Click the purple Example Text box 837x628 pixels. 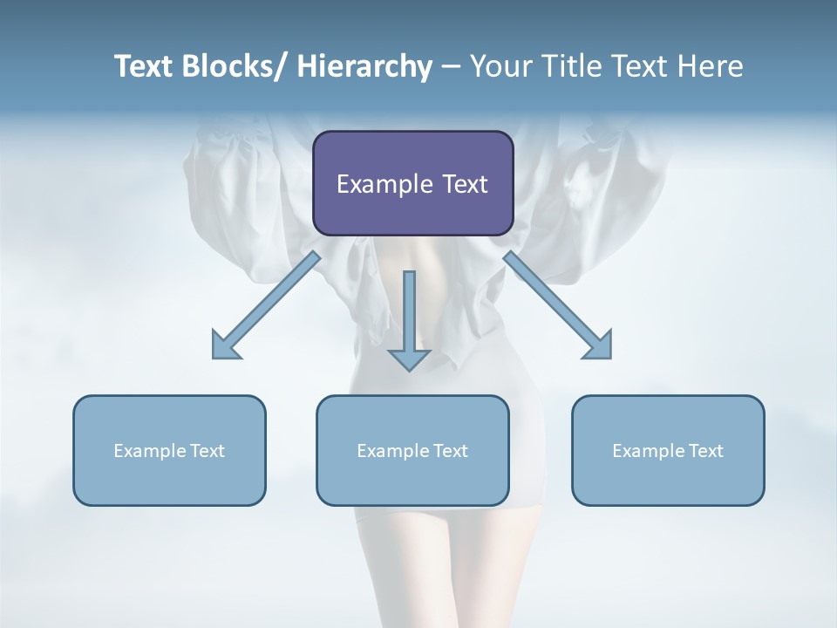[x=412, y=183]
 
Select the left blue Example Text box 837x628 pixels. [x=169, y=450]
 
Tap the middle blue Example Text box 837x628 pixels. [x=412, y=450]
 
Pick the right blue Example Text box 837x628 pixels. [x=668, y=450]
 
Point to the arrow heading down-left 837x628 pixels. [x=266, y=305]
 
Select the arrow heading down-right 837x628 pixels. [x=558, y=305]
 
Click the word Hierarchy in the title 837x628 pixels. [x=364, y=66]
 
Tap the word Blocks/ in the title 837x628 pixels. [x=235, y=66]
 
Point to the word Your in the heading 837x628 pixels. [x=500, y=66]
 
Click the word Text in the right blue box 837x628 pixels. [x=705, y=450]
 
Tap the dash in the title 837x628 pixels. [x=451, y=66]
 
